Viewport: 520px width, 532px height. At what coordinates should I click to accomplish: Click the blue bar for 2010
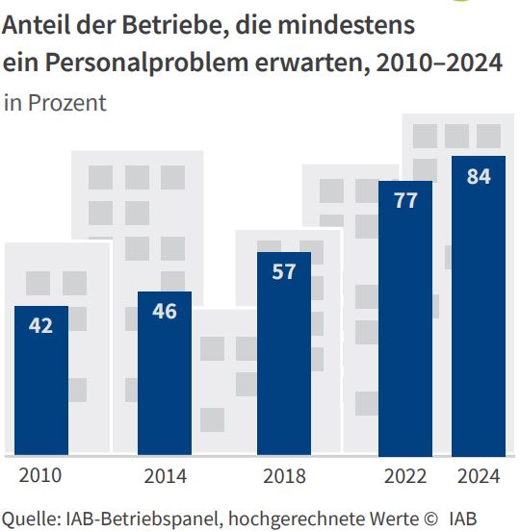(41, 381)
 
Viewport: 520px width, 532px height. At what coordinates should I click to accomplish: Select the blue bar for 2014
(165, 374)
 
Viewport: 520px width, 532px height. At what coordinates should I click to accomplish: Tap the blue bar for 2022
(405, 318)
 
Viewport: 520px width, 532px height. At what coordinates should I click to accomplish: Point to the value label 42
(41, 325)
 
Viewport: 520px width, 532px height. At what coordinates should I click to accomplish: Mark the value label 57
(284, 271)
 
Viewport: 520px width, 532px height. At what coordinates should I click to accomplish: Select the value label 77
(405, 200)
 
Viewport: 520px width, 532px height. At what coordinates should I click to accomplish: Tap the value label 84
(479, 176)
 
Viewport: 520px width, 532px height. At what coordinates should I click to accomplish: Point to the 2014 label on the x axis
(165, 475)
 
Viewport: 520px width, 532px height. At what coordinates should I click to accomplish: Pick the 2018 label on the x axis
(284, 475)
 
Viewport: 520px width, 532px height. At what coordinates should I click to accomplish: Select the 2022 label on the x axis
(405, 475)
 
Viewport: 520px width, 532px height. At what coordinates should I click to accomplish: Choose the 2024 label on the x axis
(479, 475)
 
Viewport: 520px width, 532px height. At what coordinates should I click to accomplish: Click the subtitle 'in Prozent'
(55, 103)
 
